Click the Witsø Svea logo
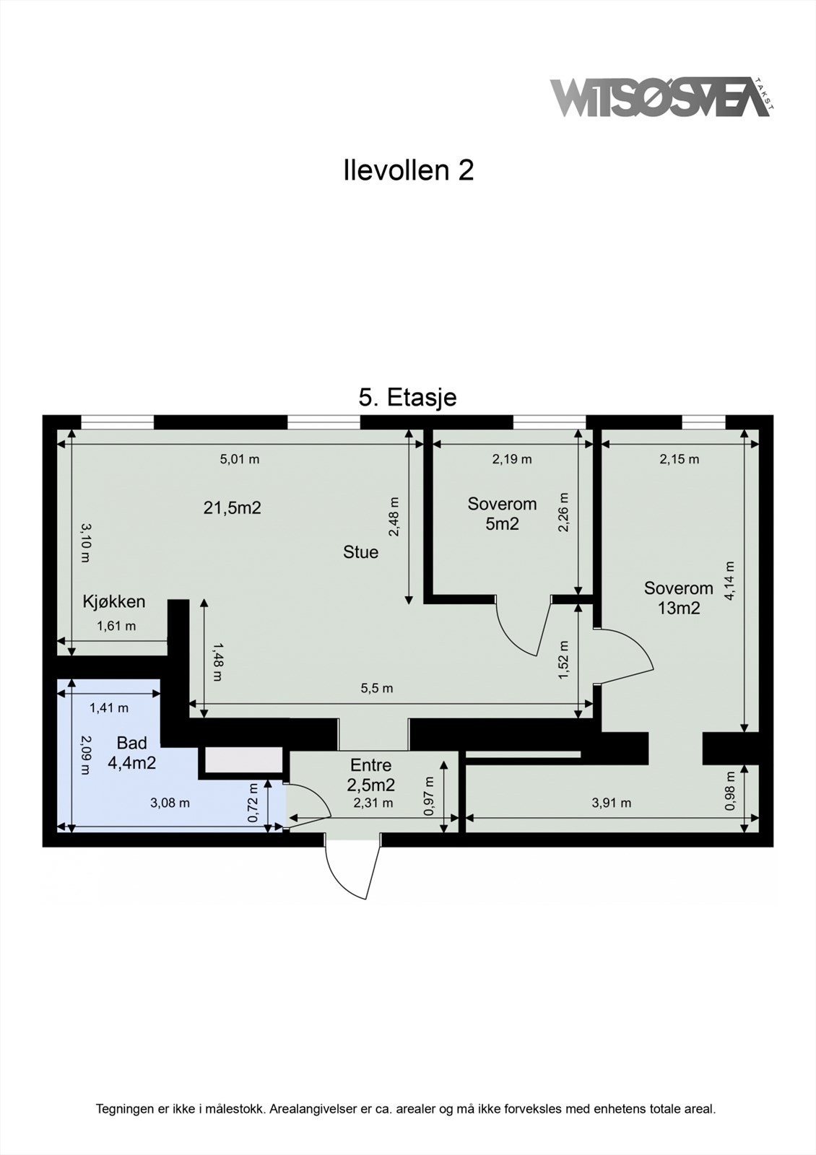pos(661,97)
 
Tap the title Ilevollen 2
pos(409,170)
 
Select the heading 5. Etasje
pos(407,398)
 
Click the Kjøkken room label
pos(114,602)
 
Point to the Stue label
pos(360,552)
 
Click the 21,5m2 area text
pos(232,508)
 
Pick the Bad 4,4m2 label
pos(131,753)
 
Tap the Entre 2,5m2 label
pos(371,775)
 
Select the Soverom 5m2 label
pos(502,513)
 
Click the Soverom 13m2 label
pos(678,598)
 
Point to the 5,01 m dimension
pos(240,459)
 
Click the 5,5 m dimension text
pos(377,689)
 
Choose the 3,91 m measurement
pos(611,803)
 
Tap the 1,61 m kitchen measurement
pos(116,626)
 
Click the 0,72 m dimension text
pos(253,803)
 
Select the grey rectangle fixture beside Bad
pos(245,760)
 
